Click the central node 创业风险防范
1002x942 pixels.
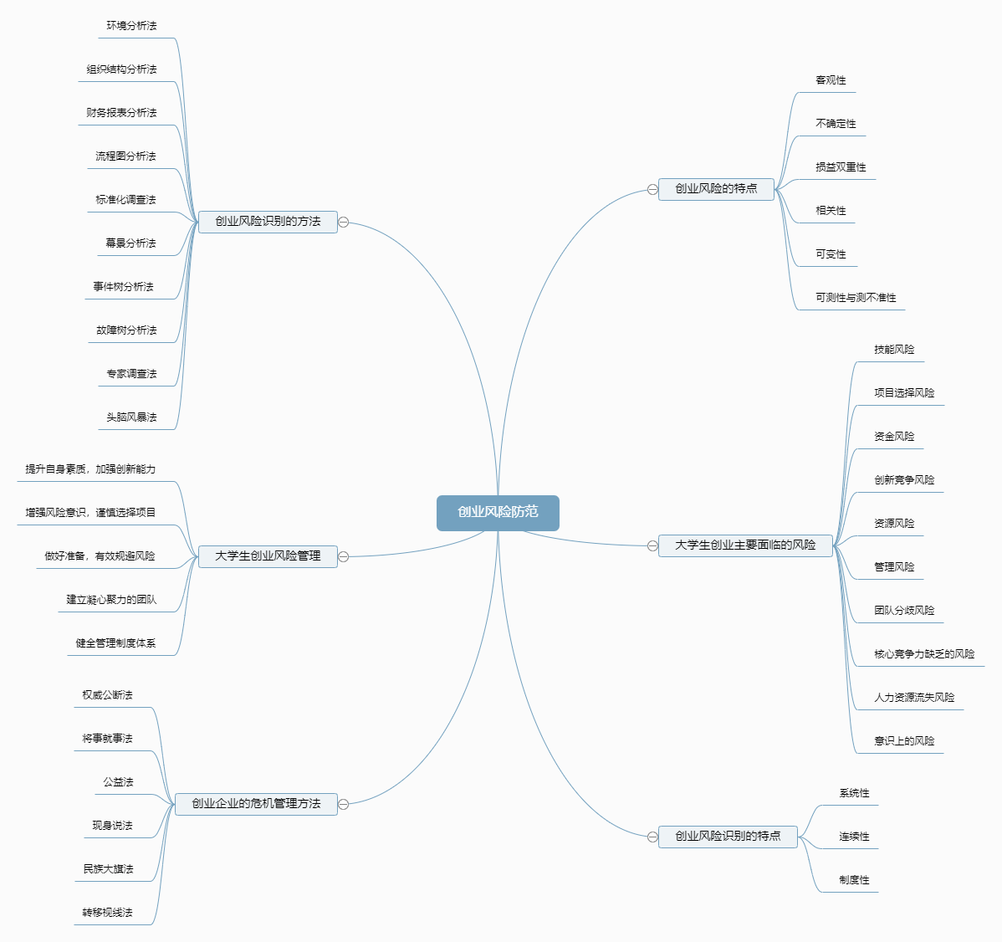coord(498,513)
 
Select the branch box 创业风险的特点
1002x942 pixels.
coord(716,189)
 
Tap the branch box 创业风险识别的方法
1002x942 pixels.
coord(268,222)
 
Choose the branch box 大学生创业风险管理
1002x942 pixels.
coord(268,556)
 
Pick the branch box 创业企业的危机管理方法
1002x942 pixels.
coord(256,804)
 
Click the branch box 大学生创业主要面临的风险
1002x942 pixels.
coord(745,545)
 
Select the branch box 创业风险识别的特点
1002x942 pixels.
coord(728,837)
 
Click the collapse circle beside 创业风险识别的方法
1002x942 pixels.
coord(343,223)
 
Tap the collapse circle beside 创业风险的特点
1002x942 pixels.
coord(652,190)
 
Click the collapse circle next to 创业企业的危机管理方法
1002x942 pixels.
coord(343,805)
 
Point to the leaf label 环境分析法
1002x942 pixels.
coord(131,26)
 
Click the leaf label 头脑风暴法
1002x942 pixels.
coord(131,417)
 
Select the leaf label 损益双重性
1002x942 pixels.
coord(841,167)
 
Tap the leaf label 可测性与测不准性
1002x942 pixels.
coord(856,298)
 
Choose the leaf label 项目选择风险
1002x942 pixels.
coord(904,393)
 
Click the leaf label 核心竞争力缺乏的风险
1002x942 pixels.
coord(924,654)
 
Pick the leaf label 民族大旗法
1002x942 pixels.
coord(108,869)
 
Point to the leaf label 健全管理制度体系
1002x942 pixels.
coord(115,643)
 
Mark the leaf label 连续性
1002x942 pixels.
coord(854,837)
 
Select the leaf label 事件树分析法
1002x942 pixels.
coord(124,287)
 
